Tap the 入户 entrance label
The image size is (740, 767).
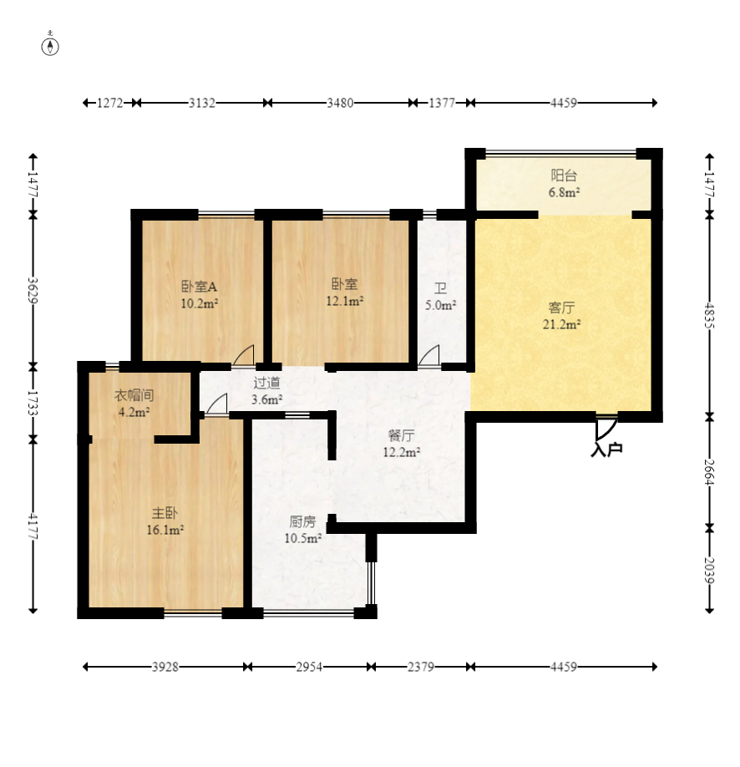coord(606,449)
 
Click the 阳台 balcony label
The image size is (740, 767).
coord(564,175)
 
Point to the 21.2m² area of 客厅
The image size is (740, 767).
coord(561,324)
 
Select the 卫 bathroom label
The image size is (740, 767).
coord(440,288)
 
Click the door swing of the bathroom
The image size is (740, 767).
coord(430,355)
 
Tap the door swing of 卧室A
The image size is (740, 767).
coord(244,355)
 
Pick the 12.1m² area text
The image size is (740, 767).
coord(345,301)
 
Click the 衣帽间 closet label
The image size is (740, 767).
coord(134,395)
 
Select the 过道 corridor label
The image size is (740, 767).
coord(267,383)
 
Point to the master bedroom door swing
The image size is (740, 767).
coord(217,404)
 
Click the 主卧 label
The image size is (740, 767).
coord(165,513)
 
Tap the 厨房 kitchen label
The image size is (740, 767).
coord(302,522)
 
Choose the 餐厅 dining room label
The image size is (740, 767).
coord(401,435)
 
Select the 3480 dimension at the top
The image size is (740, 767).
coord(341,104)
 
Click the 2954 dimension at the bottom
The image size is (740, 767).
coord(309,667)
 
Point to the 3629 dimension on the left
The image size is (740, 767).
coord(33,291)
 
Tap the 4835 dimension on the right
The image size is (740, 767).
coord(710,316)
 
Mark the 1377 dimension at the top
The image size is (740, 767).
coord(442,104)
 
